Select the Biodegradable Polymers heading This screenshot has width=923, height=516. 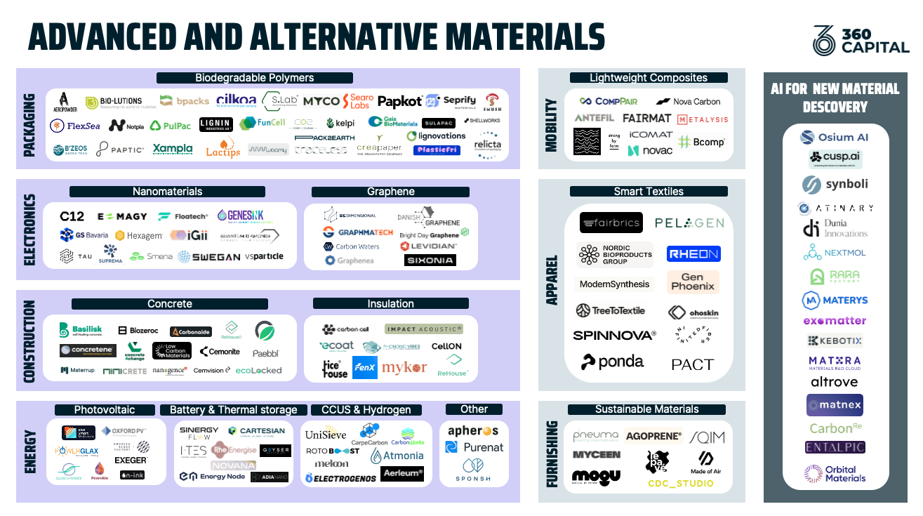point(254,78)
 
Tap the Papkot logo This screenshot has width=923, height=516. point(399,101)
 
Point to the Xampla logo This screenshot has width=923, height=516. point(173,149)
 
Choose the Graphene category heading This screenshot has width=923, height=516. point(390,192)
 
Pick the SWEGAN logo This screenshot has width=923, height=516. point(208,257)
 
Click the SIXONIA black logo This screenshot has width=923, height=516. point(430,260)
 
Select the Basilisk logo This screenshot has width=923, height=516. point(81,330)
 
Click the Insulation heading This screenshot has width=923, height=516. point(390,303)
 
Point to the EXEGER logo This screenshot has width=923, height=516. point(131,461)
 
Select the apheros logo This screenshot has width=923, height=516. point(473,430)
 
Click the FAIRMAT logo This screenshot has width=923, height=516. point(647,119)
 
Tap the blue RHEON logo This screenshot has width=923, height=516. point(693,254)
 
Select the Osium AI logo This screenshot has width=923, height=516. point(834,138)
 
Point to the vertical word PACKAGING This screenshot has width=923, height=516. point(29,118)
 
